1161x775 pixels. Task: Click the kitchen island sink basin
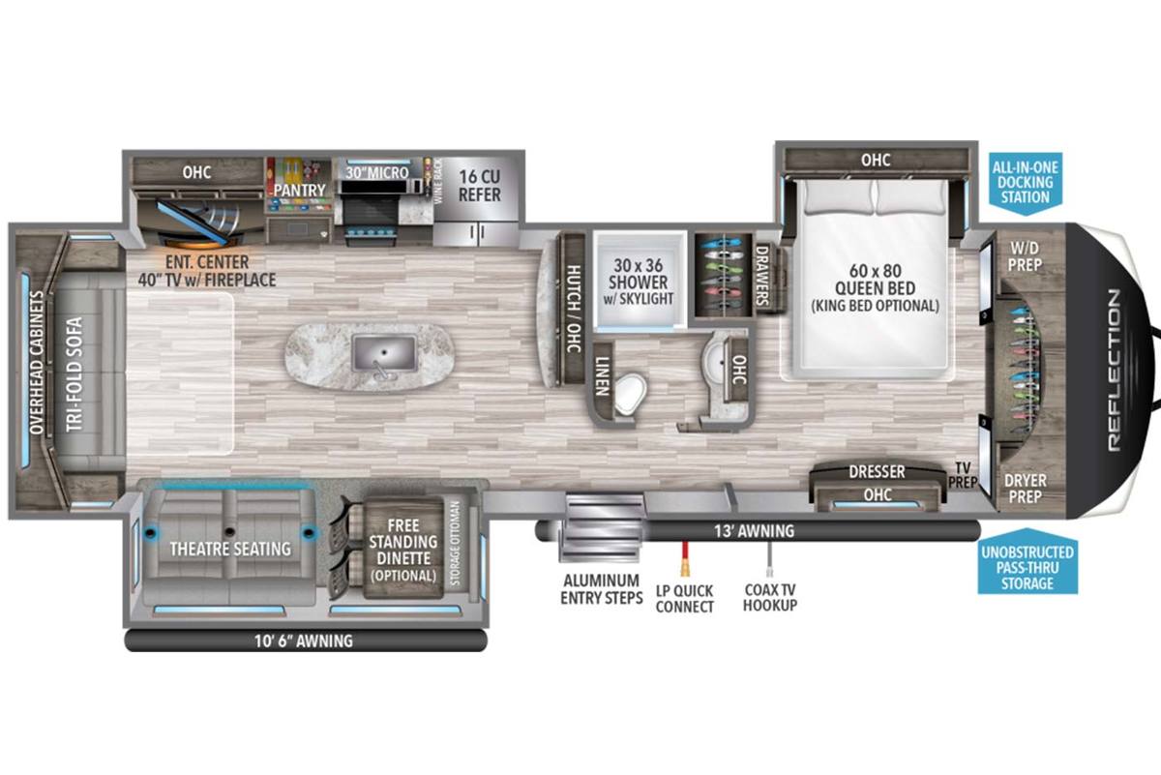(x=384, y=353)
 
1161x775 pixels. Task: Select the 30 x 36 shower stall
(x=640, y=280)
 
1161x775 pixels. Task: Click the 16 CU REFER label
(x=480, y=186)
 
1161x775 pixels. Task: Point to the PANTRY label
(x=299, y=191)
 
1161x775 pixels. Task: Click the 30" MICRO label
(x=376, y=172)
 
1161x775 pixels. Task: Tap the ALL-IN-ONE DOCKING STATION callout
(x=1026, y=184)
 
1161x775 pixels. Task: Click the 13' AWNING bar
(x=758, y=531)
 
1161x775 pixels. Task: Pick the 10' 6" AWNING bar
(x=306, y=641)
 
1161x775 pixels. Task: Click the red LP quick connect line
(x=685, y=558)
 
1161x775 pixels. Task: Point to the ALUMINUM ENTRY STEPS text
(x=601, y=589)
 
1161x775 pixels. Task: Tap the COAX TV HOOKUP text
(x=770, y=597)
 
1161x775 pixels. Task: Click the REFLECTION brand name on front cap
(x=1114, y=370)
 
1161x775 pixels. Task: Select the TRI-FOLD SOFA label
(x=74, y=374)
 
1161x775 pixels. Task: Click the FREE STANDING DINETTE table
(x=402, y=549)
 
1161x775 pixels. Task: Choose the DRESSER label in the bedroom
(x=877, y=472)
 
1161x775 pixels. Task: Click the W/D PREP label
(x=1025, y=256)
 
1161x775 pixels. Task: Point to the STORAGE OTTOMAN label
(x=455, y=544)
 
